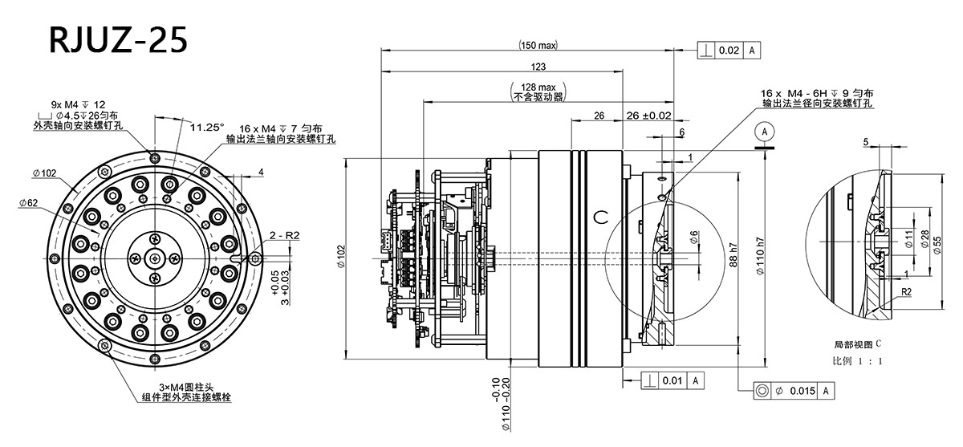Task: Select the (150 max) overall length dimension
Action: [538, 46]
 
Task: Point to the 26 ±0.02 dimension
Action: [648, 116]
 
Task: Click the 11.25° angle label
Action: [207, 126]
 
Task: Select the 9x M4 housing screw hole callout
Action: [78, 104]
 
